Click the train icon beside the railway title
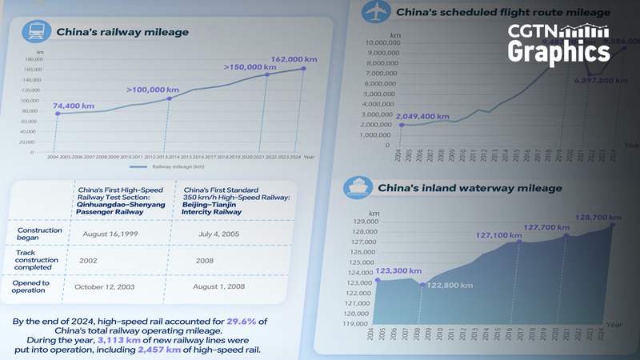[35, 32]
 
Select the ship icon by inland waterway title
[355, 188]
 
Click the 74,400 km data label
[74, 106]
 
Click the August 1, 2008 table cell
[218, 286]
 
